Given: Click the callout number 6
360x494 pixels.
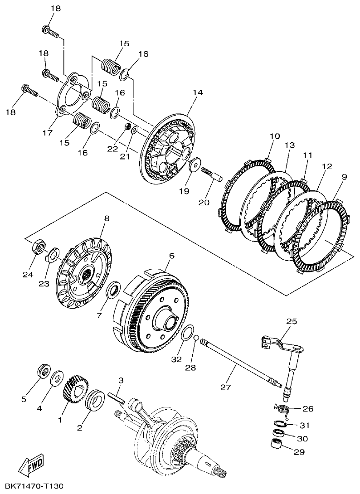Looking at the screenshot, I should coord(172,256).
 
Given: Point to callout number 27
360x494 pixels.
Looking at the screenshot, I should coord(225,387).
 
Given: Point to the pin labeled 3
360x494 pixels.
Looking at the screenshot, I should coord(117,396).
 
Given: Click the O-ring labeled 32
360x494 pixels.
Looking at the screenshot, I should coord(187,334).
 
